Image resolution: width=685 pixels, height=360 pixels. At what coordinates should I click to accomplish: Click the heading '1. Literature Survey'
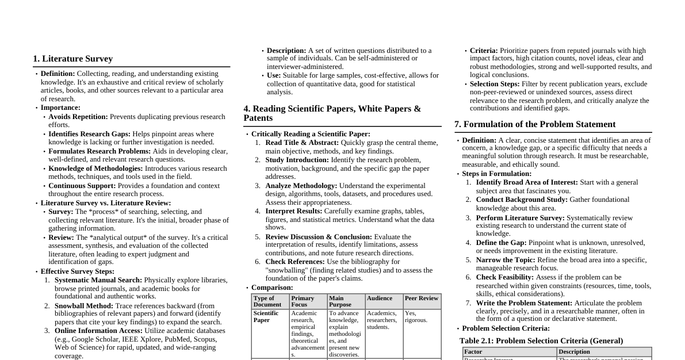pos(73,59)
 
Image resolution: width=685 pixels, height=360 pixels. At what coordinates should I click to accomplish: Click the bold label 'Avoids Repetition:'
pos(78,117)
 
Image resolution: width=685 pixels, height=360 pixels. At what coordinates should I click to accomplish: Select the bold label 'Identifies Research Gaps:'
pos(90,134)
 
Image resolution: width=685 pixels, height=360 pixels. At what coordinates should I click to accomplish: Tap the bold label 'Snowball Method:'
pos(84,306)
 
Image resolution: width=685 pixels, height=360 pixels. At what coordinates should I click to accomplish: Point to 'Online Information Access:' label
pos(99,331)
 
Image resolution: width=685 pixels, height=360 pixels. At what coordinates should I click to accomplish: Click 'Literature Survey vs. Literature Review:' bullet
pos(106,203)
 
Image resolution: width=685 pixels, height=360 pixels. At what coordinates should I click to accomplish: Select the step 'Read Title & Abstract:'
pos(302,143)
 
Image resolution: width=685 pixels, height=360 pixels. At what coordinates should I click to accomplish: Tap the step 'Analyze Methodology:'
pos(301,186)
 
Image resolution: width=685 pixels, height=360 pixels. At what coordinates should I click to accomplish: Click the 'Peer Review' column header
pos(422,298)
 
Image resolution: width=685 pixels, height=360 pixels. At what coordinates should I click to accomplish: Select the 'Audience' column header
pos(380,298)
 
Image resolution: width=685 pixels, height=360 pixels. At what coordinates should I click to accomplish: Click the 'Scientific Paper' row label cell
pos(266,317)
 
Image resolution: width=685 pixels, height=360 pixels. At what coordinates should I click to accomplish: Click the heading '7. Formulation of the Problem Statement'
pos(535,124)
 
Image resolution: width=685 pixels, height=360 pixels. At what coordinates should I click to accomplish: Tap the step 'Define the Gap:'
pos(501,243)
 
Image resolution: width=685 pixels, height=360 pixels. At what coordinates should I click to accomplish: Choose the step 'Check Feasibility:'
pos(505,277)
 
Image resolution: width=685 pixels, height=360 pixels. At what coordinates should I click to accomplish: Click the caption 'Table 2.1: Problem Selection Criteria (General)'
pos(541,341)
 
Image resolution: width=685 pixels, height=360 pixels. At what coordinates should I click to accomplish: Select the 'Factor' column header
pos(473,352)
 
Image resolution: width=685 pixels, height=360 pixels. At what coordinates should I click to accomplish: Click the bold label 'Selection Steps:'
pos(495,84)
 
